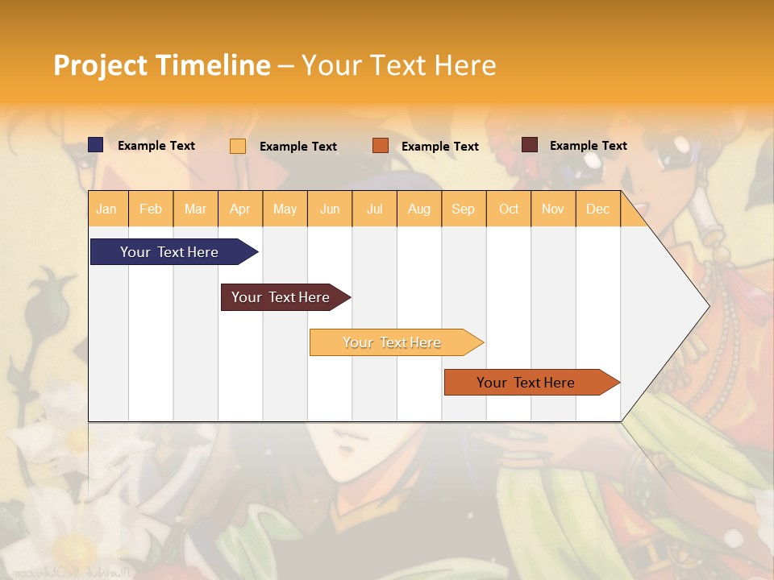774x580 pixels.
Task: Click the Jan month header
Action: point(106,209)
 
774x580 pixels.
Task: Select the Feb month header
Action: point(151,209)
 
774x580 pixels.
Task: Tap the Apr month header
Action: point(239,209)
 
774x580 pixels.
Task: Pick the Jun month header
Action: point(330,209)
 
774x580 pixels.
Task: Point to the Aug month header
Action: point(418,209)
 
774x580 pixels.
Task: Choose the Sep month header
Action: point(463,209)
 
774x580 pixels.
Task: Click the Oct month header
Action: point(509,209)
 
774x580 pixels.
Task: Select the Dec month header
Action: point(597,209)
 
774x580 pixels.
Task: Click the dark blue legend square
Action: point(96,145)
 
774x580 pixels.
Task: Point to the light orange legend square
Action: point(238,146)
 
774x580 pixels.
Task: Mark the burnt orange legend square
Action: point(381,146)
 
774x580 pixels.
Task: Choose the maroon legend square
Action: point(530,145)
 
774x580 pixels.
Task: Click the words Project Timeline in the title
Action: point(161,65)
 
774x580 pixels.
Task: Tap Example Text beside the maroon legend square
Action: point(588,146)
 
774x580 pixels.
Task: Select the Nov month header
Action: point(552,209)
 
